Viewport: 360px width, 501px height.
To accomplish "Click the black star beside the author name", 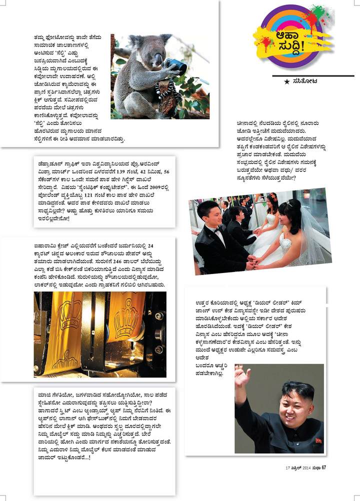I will [286, 81].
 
